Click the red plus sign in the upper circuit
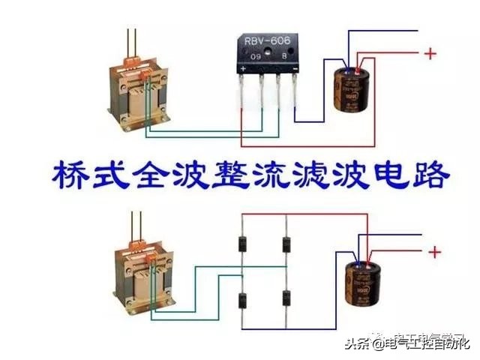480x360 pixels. tap(430, 54)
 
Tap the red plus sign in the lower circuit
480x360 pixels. tap(434, 252)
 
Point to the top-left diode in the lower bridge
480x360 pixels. tap(243, 244)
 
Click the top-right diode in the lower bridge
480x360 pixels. tap(286, 244)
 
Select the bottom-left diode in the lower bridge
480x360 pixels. tap(243, 300)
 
